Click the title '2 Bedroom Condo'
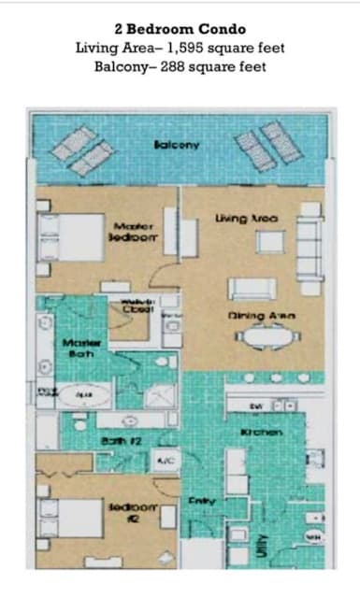pos(180,28)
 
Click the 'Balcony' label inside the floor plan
pos(177,145)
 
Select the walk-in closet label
pos(134,307)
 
